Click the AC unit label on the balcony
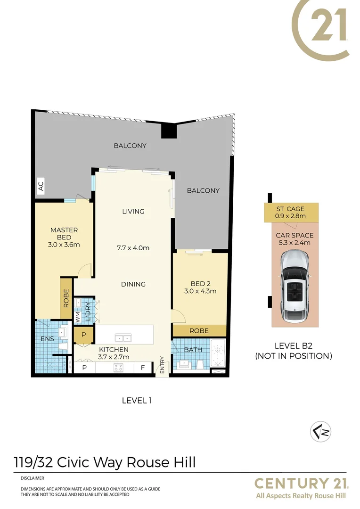41,186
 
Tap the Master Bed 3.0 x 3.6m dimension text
64,245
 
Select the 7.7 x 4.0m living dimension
133,248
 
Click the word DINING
133,284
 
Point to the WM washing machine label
78,317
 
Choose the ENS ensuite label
48,339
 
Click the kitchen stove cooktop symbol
118,368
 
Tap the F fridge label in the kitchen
142,368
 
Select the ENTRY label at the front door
162,364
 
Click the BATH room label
193,350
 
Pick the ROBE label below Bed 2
199,331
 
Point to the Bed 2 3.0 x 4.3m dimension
200,291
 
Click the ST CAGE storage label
290,209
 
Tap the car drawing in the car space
295,287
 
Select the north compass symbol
320,432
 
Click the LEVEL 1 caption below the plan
137,401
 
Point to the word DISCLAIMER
32,478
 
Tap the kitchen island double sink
123,338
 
